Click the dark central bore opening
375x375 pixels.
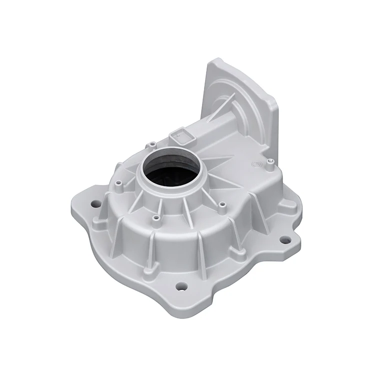(165, 173)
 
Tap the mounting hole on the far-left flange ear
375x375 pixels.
(94, 204)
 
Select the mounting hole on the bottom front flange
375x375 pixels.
(182, 286)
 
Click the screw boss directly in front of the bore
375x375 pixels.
(156, 218)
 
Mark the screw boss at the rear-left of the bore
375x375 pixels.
(148, 144)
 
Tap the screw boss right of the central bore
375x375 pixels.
(222, 204)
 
